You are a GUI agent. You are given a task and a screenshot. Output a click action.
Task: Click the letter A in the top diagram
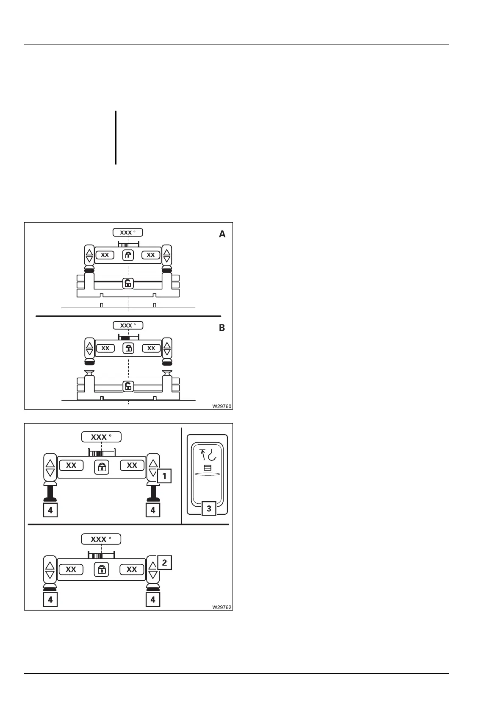pyautogui.click(x=222, y=234)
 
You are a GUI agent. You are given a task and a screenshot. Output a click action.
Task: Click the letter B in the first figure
pyautogui.click(x=222, y=328)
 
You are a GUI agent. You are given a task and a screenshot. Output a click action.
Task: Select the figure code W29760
pyautogui.click(x=222, y=406)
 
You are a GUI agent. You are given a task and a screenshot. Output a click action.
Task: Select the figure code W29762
pyautogui.click(x=222, y=607)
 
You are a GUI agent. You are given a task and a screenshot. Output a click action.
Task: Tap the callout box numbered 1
pyautogui.click(x=164, y=476)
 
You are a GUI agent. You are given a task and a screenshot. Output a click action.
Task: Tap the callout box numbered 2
pyautogui.click(x=164, y=563)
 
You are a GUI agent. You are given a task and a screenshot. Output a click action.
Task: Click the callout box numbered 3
pyautogui.click(x=209, y=508)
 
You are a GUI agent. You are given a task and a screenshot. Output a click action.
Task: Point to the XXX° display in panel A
pyautogui.click(x=127, y=232)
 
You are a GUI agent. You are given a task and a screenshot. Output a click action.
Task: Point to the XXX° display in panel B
pyautogui.click(x=128, y=326)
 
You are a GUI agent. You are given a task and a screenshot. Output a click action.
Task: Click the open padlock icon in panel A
pyautogui.click(x=128, y=283)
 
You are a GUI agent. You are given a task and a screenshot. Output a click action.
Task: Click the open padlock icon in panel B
pyautogui.click(x=128, y=386)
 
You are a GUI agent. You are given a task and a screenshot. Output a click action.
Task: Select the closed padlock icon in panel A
pyautogui.click(x=128, y=255)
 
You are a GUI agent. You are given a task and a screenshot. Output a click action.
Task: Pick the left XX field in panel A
pyautogui.click(x=105, y=255)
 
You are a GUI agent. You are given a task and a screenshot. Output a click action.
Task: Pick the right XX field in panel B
pyautogui.click(x=151, y=348)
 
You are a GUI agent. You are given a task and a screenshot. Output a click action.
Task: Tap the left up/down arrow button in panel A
pyautogui.click(x=89, y=255)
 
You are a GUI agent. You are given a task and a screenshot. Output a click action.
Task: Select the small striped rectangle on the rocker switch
pyautogui.click(x=208, y=468)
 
